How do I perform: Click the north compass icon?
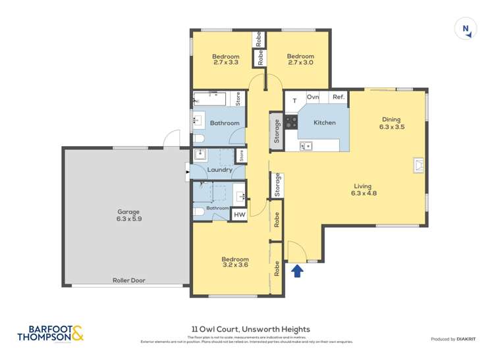(x=466, y=29)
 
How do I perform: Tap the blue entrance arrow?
(x=297, y=270)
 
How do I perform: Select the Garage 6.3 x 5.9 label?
(x=124, y=216)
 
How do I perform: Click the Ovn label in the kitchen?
(x=313, y=97)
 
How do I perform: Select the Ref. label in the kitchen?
(x=338, y=97)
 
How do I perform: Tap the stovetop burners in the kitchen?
(x=291, y=122)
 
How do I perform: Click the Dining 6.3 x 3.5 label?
(x=391, y=123)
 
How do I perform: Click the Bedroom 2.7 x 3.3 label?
(x=225, y=60)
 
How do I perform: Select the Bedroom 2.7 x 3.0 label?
(x=300, y=60)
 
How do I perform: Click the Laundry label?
(x=219, y=170)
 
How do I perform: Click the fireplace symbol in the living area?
(x=418, y=165)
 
